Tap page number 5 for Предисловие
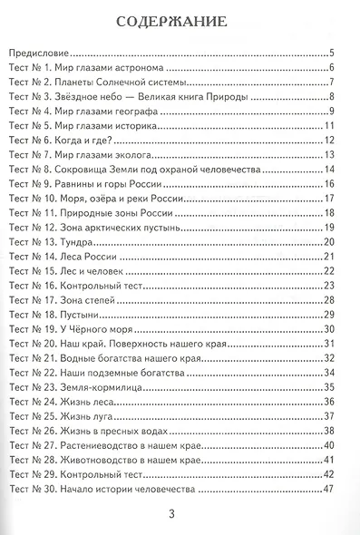(x=333, y=54)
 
